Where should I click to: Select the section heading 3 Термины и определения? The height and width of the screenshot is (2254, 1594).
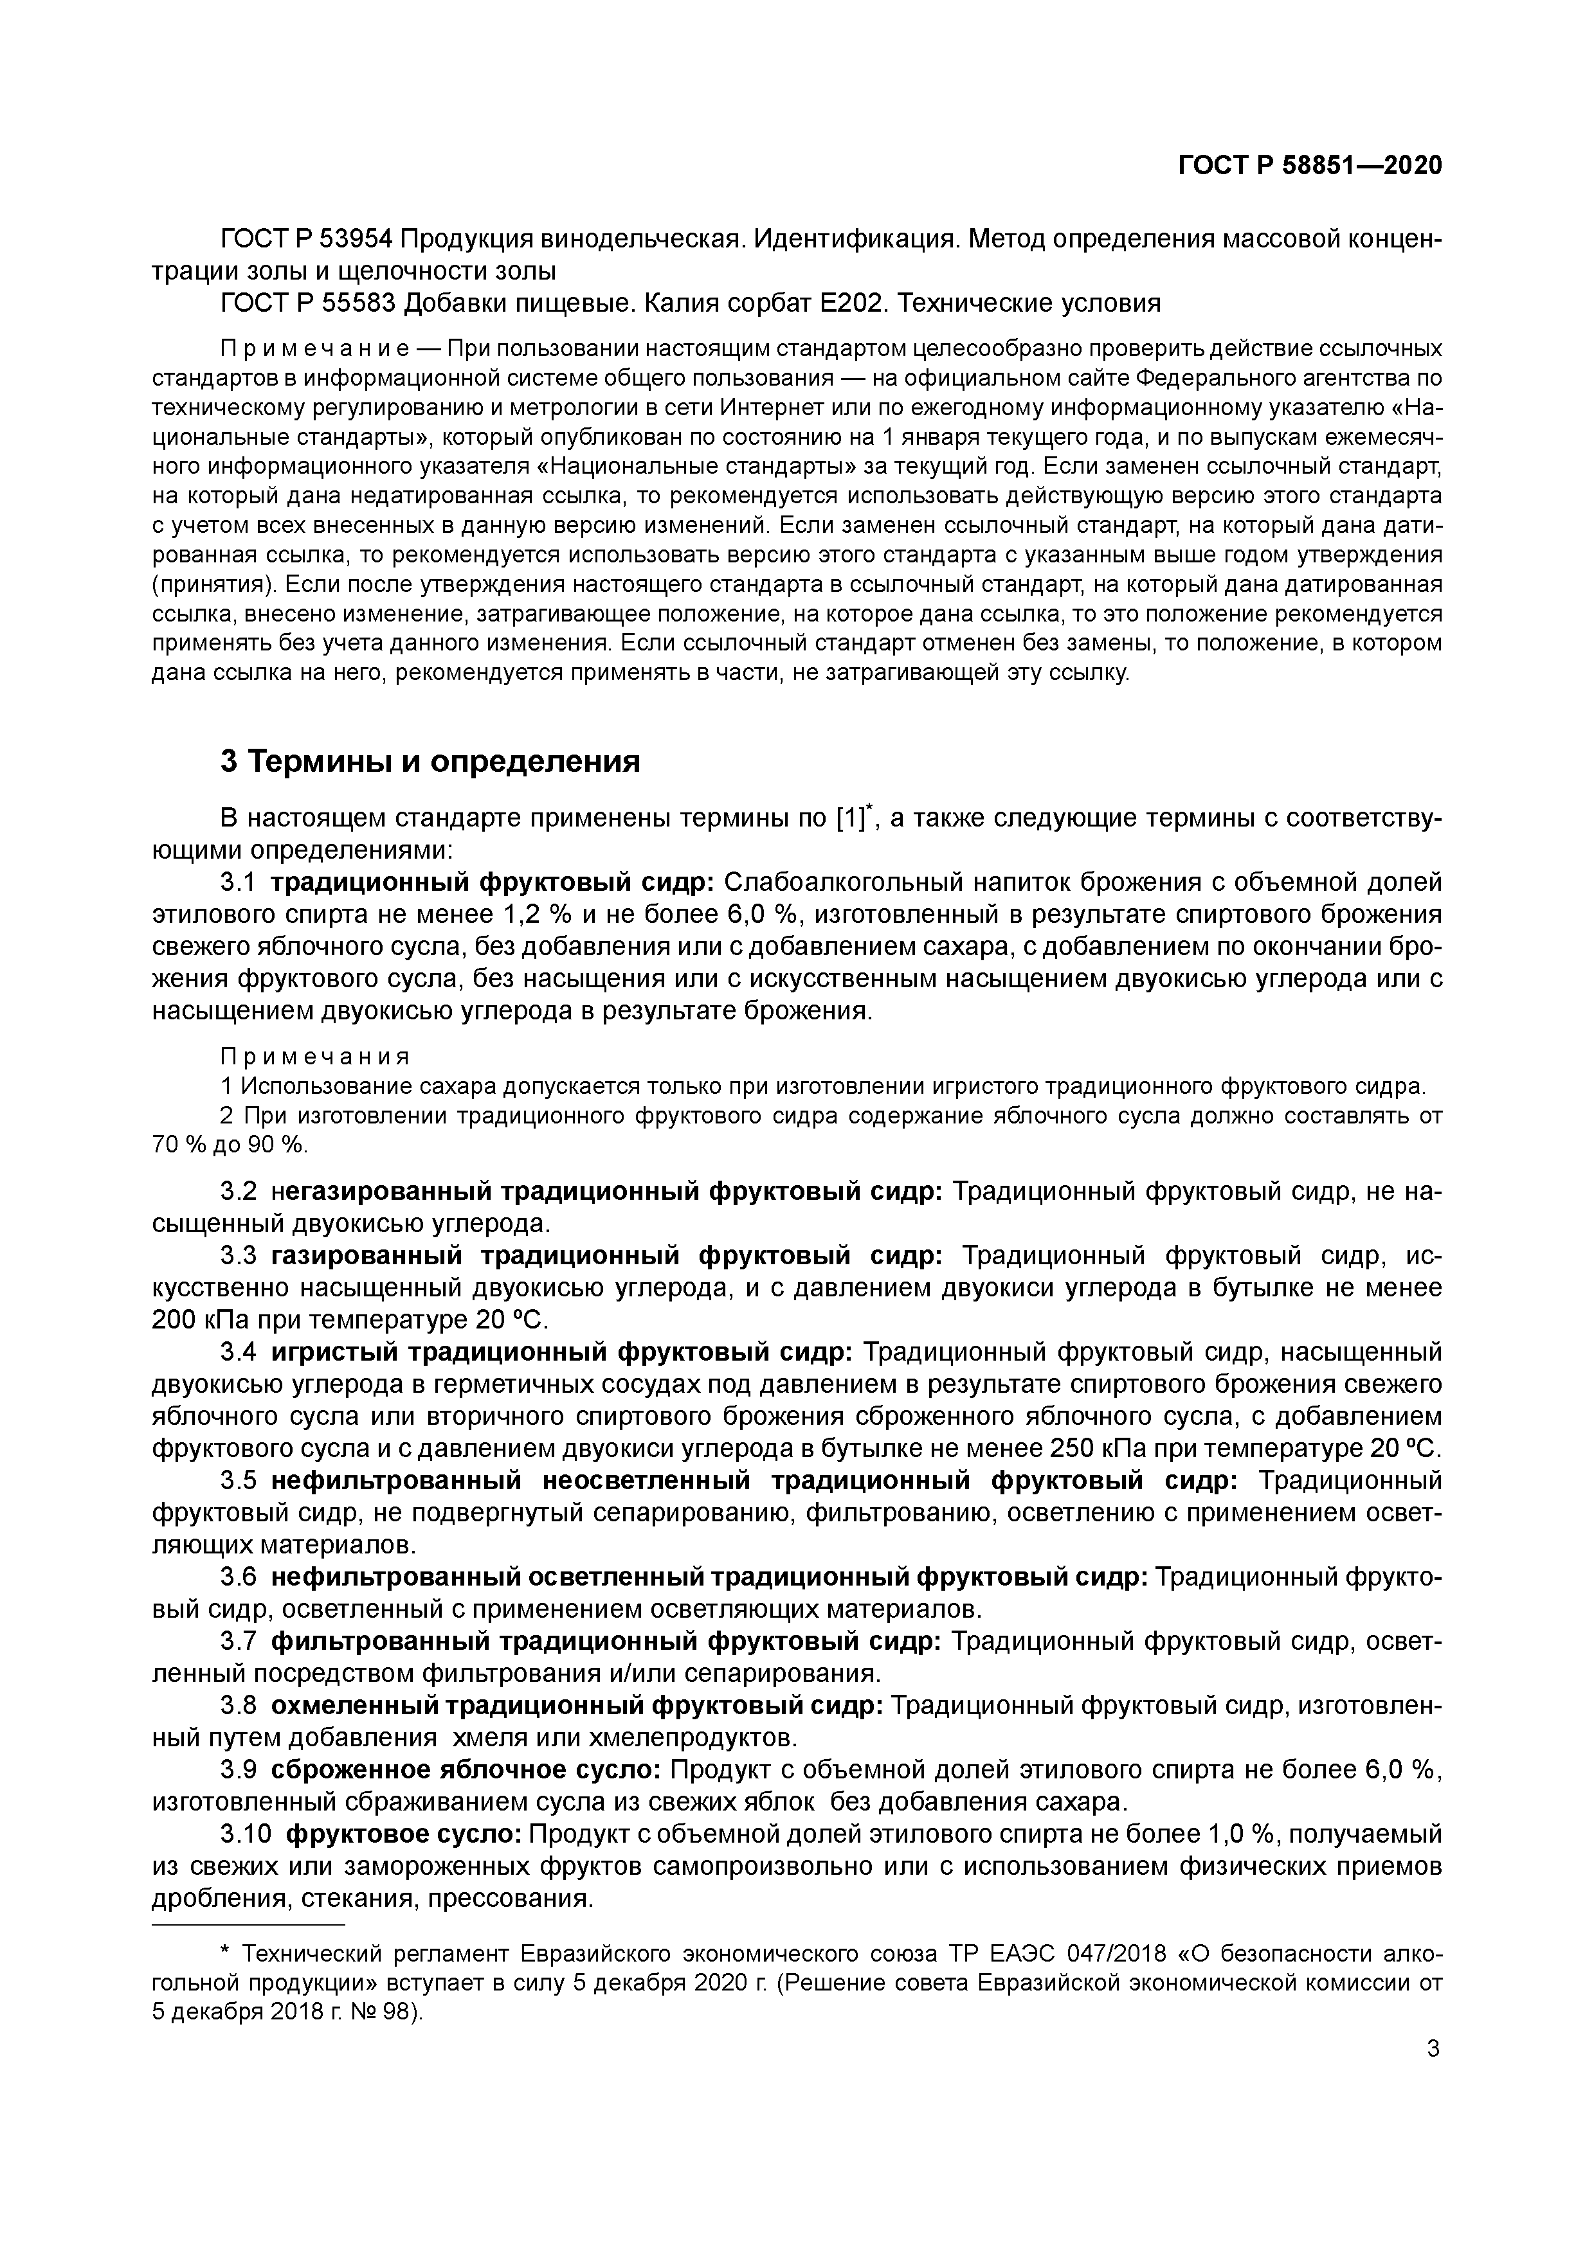(x=430, y=761)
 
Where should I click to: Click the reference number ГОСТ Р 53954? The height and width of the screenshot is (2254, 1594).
(x=307, y=240)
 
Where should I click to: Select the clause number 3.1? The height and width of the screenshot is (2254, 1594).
(x=239, y=882)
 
